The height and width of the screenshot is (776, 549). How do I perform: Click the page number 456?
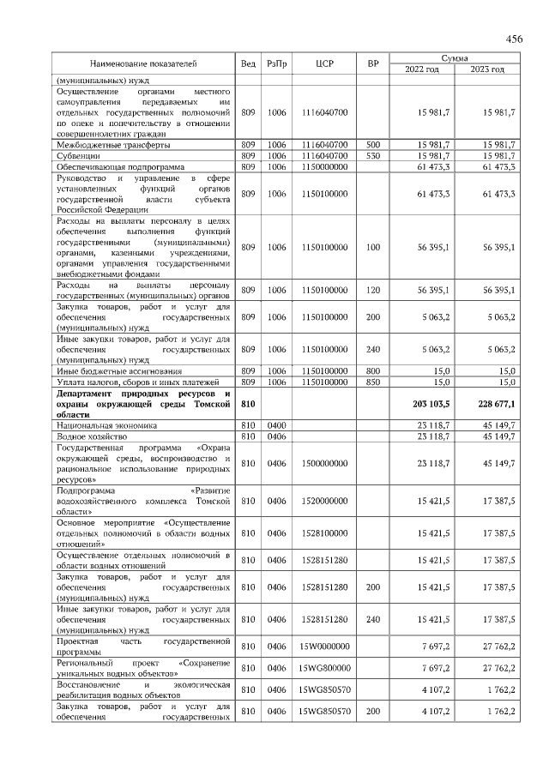pos(514,39)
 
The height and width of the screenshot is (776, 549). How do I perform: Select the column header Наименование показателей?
pos(143,63)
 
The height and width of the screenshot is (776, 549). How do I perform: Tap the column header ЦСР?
pos(324,63)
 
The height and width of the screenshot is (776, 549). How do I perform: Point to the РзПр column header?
pos(277,63)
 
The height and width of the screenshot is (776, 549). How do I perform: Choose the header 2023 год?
pos(486,69)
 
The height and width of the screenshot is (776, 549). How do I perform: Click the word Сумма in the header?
pos(454,57)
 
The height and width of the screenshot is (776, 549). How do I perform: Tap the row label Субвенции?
pos(78,156)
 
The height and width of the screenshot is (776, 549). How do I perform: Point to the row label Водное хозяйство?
pos(92,436)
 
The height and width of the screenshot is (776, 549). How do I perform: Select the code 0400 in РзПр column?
pos(277,424)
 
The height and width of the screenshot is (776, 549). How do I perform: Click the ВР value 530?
pos(373,156)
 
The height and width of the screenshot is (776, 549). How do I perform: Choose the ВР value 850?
pos(373,382)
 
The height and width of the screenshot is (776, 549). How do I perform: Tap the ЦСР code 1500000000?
pos(324,463)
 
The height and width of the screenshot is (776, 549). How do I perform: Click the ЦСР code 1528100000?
pos(324,532)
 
